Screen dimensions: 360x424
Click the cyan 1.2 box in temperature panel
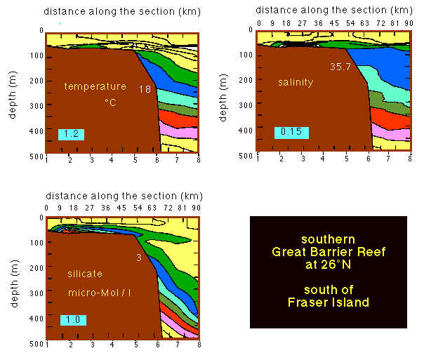72,133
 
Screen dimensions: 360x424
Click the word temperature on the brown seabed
95,87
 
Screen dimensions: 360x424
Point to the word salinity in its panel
295,83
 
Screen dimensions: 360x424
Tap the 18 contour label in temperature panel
145,89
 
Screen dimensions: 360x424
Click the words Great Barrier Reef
328,252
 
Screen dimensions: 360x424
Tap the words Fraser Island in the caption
328,302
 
